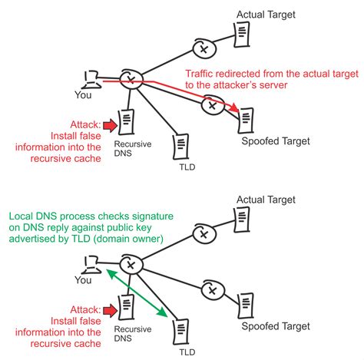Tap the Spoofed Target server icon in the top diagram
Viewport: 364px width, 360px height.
pos(245,119)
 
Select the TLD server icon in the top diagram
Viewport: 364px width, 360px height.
pos(180,145)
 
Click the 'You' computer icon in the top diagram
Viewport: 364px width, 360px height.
pos(91,78)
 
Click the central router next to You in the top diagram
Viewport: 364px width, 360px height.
pos(132,79)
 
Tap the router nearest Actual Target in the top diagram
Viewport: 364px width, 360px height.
pos(204,49)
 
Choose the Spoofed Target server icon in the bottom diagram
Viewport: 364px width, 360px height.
pos(245,302)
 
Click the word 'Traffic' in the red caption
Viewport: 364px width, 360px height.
pos(203,74)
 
